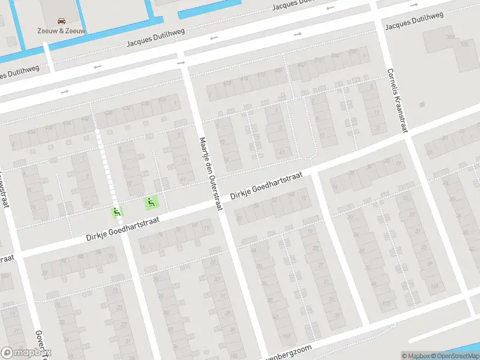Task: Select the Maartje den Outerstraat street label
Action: (211, 174)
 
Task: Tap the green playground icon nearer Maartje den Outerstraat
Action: (152, 203)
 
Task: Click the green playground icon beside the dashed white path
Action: (116, 212)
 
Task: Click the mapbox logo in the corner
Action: (25, 353)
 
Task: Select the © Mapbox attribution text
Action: (415, 356)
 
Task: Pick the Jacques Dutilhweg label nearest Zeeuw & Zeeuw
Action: (155, 40)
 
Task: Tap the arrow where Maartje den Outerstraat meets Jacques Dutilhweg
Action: (181, 62)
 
